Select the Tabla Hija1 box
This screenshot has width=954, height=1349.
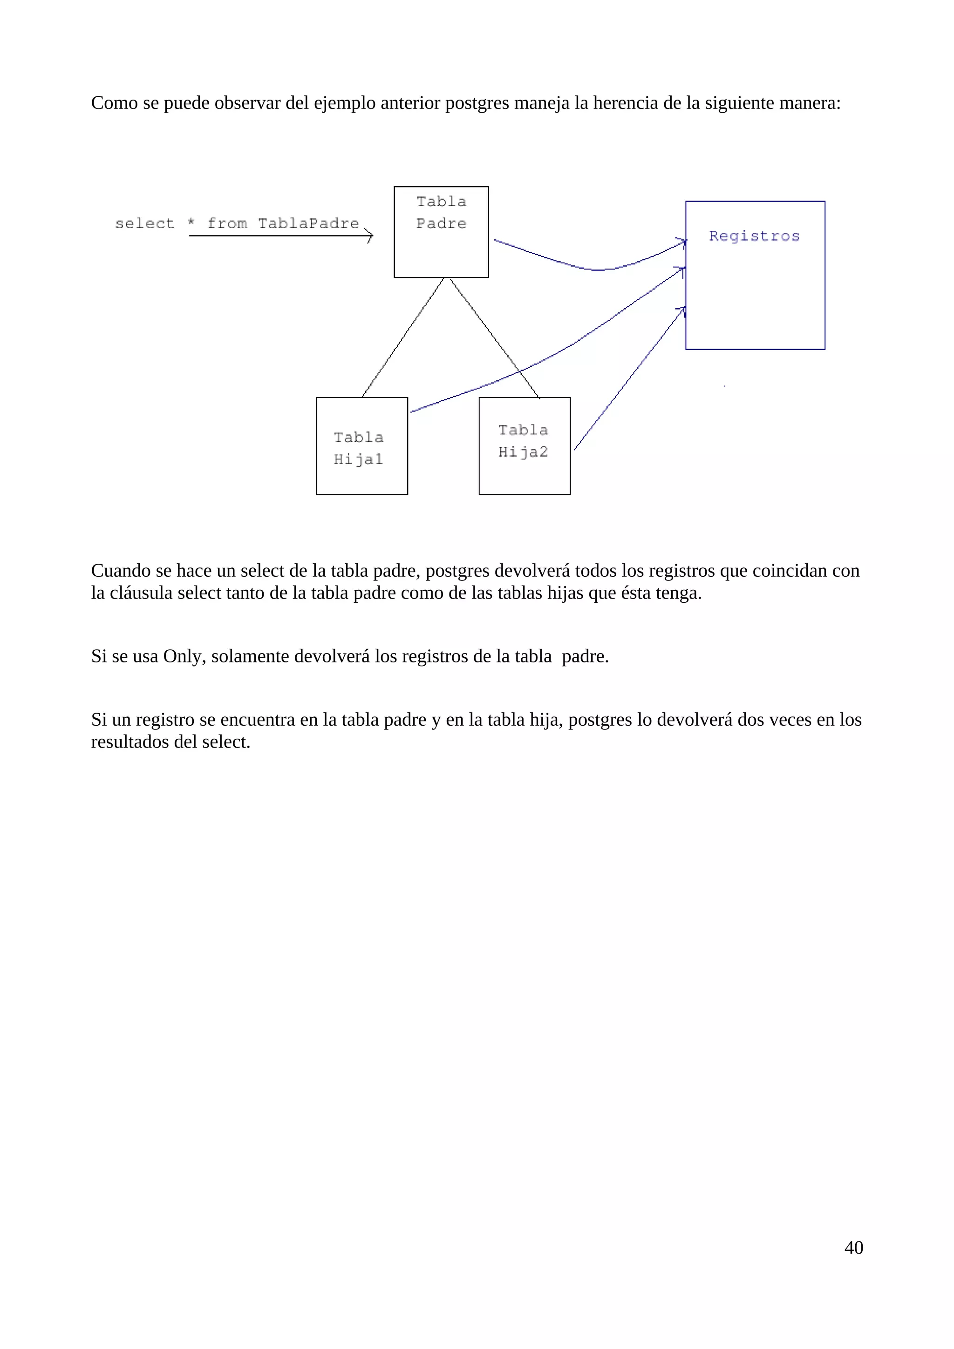pyautogui.click(x=361, y=446)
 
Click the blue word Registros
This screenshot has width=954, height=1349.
pyautogui.click(x=754, y=236)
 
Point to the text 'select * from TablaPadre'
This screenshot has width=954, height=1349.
pyautogui.click(x=237, y=223)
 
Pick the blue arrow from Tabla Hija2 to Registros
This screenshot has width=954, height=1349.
pyautogui.click(x=629, y=379)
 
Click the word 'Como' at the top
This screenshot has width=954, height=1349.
pyautogui.click(x=114, y=103)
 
